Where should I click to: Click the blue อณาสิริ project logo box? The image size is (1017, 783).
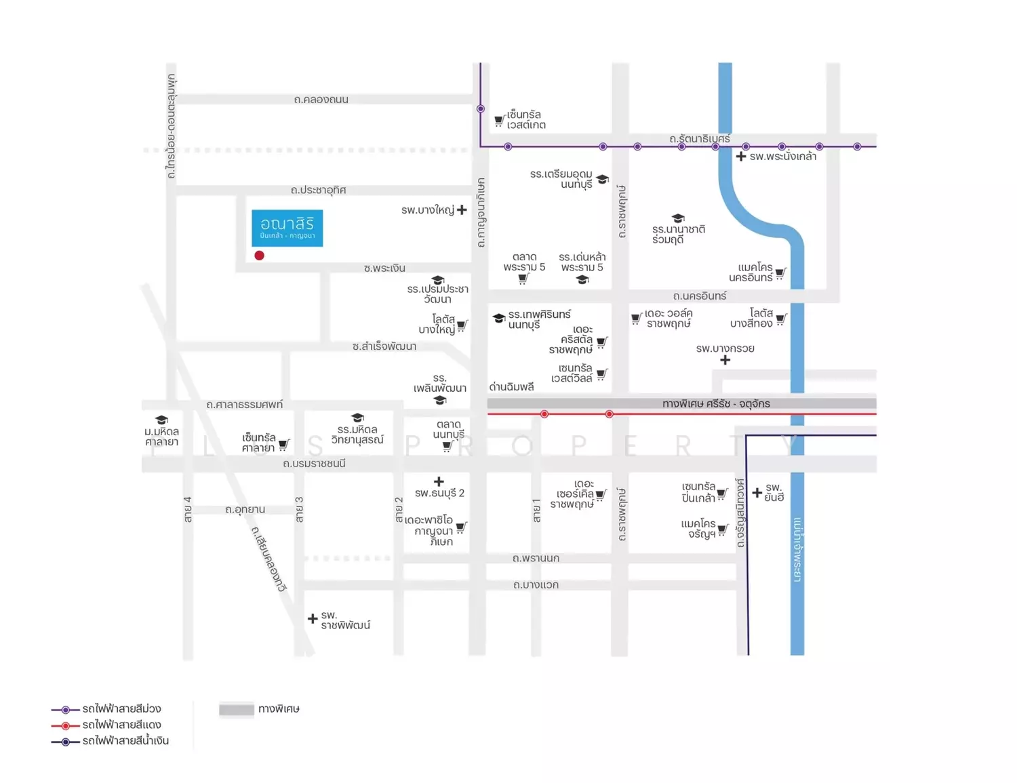click(287, 228)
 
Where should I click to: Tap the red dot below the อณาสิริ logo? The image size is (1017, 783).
click(259, 256)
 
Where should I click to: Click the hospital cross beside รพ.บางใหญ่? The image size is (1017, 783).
click(462, 210)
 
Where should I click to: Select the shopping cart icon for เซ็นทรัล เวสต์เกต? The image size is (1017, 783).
click(499, 121)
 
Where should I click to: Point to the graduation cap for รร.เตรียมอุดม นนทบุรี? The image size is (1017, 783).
click(602, 180)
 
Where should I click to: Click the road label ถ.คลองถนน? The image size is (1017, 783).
click(321, 100)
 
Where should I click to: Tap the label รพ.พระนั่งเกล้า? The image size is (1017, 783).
click(782, 157)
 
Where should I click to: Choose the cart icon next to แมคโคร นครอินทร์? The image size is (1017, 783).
click(780, 274)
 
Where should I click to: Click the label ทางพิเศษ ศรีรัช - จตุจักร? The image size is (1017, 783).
click(716, 404)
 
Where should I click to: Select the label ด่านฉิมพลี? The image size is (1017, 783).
click(511, 387)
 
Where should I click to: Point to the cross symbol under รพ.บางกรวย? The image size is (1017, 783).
click(725, 360)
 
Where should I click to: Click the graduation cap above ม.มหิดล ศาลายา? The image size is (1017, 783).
click(161, 420)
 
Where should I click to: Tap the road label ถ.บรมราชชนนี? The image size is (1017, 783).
click(314, 464)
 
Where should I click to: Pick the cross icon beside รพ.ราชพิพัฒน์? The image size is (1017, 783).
click(313, 618)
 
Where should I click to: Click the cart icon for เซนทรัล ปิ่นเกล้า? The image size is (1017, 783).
click(722, 494)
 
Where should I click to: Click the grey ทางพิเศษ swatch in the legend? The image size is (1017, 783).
click(237, 710)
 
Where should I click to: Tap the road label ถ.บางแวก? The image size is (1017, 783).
click(536, 585)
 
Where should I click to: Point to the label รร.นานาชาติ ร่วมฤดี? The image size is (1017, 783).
click(678, 235)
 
